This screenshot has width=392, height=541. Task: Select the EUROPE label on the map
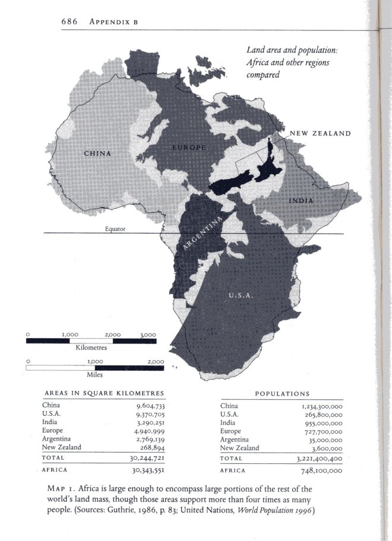point(189,147)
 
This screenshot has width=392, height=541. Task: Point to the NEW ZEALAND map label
point(320,133)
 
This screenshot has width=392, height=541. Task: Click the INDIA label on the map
point(302,201)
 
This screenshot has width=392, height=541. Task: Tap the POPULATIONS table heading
point(282,393)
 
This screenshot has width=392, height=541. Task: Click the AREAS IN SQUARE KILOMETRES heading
point(104,393)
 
